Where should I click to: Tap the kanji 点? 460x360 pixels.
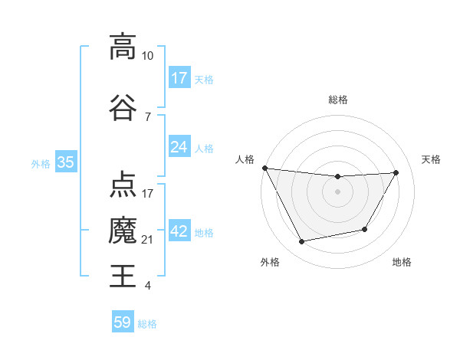tap(122, 184)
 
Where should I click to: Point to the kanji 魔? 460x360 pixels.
tap(122, 230)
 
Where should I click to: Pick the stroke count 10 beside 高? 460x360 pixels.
tap(148, 56)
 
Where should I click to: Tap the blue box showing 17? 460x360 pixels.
tap(179, 78)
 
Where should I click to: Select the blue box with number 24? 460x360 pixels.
tap(179, 147)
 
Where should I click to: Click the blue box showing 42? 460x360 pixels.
tap(179, 232)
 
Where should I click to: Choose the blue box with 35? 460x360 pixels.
tap(65, 162)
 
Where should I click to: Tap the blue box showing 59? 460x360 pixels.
tap(123, 322)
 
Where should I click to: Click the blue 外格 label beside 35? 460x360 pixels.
tap(41, 163)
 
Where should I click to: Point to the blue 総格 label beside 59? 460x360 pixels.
tap(147, 324)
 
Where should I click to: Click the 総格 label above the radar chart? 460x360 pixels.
tap(337, 100)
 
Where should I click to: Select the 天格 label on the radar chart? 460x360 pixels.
tap(431, 159)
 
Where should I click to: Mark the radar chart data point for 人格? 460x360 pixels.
tap(264, 168)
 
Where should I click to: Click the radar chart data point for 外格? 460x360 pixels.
tap(302, 242)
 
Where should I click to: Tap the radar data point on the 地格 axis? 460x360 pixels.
tap(365, 229)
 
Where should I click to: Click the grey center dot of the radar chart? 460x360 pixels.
tap(337, 191)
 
